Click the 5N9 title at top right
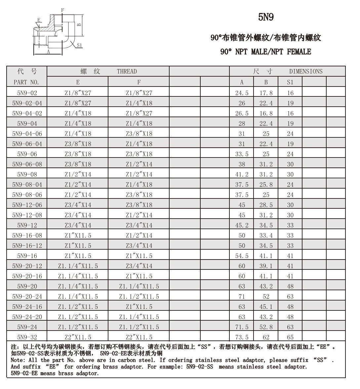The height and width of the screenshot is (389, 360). [x=266, y=17]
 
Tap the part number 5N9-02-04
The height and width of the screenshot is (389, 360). [x=27, y=103]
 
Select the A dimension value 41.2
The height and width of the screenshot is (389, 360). [x=242, y=174]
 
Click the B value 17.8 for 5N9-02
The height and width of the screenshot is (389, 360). [x=266, y=93]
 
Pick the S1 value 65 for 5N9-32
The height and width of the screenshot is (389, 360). [x=290, y=337]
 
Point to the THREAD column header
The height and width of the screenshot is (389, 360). [x=127, y=71]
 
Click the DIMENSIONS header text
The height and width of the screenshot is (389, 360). [x=305, y=71]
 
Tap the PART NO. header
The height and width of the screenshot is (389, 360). [x=26, y=82]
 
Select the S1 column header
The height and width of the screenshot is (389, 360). [x=290, y=82]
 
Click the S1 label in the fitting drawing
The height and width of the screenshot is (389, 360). [x=79, y=45]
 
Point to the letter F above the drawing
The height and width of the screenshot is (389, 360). [x=62, y=10]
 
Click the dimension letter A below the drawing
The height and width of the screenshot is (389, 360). [x=48, y=52]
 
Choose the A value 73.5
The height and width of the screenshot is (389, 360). [x=242, y=337]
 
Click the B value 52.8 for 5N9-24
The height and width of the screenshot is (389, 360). [x=266, y=327]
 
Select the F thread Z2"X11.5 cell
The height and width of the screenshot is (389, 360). [x=139, y=337]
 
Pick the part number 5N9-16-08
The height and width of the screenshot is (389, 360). [x=27, y=235]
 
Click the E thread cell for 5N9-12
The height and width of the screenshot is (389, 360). [x=78, y=225]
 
